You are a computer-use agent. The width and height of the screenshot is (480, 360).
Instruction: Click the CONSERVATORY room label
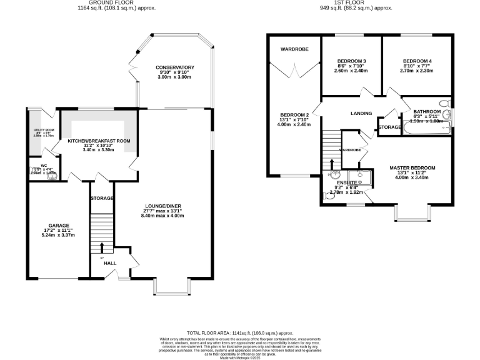point(175,67)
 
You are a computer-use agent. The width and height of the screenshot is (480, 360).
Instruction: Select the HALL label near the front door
point(110,264)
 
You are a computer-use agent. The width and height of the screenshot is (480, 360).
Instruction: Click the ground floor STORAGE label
point(102,198)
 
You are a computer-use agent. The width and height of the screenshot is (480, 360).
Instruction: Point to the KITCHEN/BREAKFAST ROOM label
point(99,141)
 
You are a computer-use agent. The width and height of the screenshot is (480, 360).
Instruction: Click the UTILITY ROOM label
point(44,130)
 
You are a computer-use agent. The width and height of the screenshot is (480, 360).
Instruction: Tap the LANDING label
point(361,114)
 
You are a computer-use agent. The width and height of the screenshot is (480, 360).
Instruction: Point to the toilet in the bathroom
point(444,103)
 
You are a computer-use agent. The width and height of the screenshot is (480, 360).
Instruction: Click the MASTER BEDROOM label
point(412,167)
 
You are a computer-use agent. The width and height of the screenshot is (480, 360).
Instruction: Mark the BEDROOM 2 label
point(295,116)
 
